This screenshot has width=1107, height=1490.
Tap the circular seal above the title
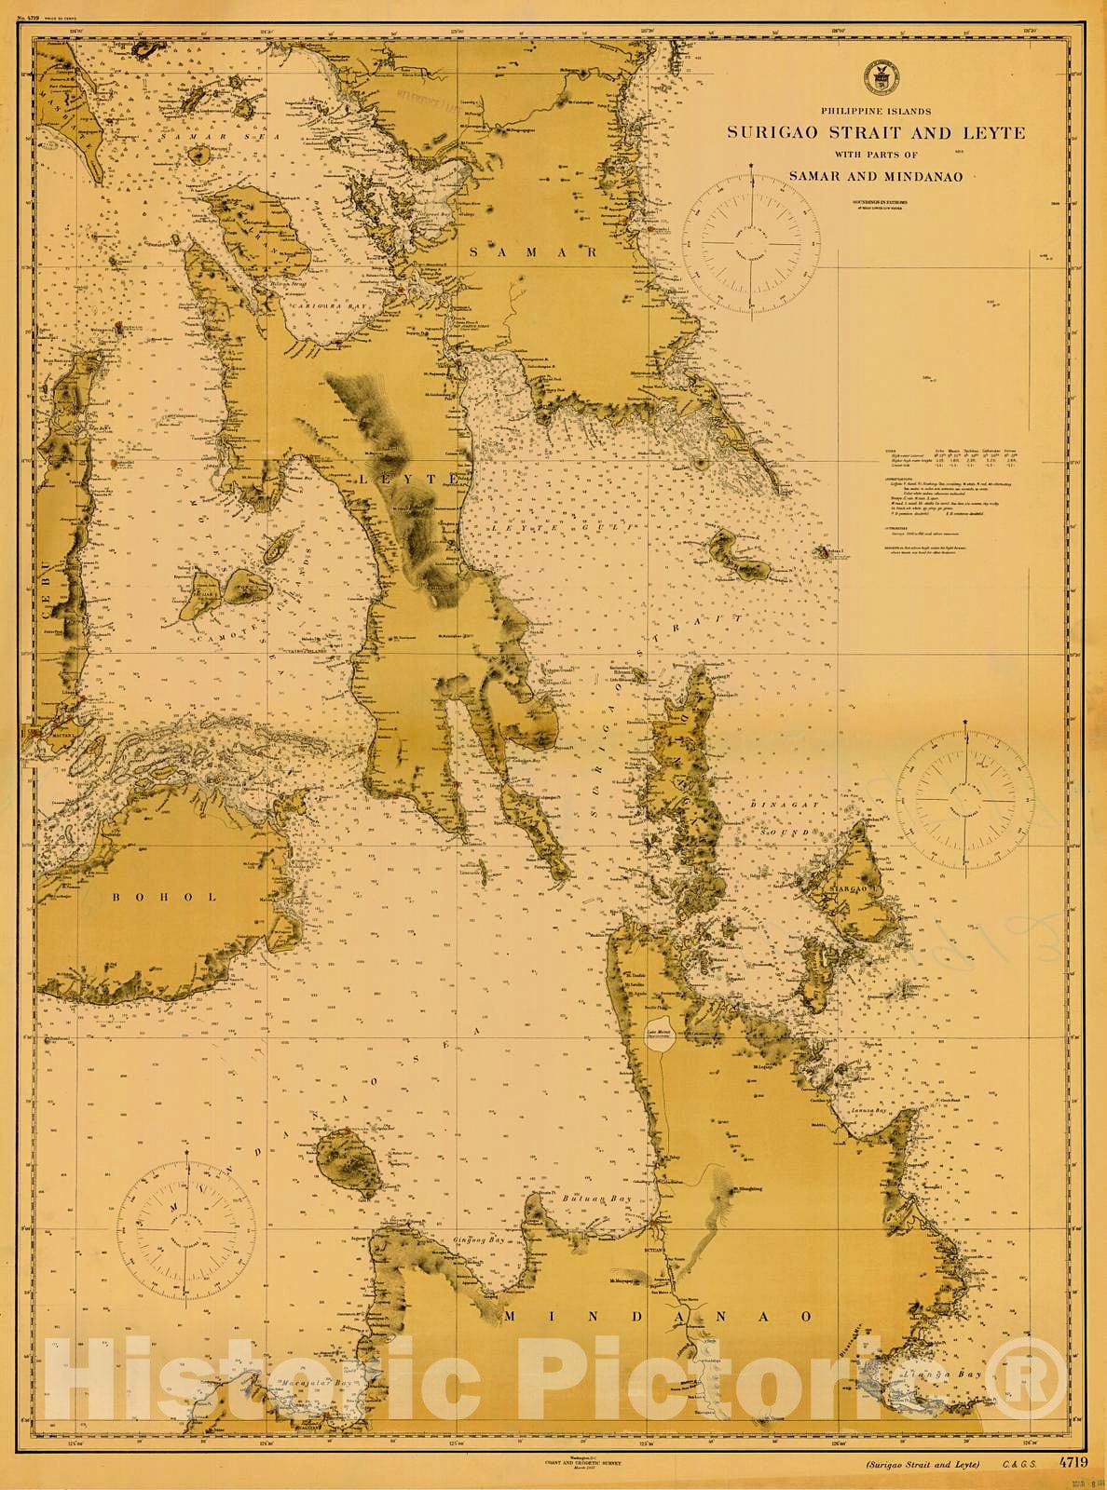coord(876,76)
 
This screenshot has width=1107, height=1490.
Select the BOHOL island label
coord(164,897)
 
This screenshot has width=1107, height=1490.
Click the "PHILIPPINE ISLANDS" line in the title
coord(875,112)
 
